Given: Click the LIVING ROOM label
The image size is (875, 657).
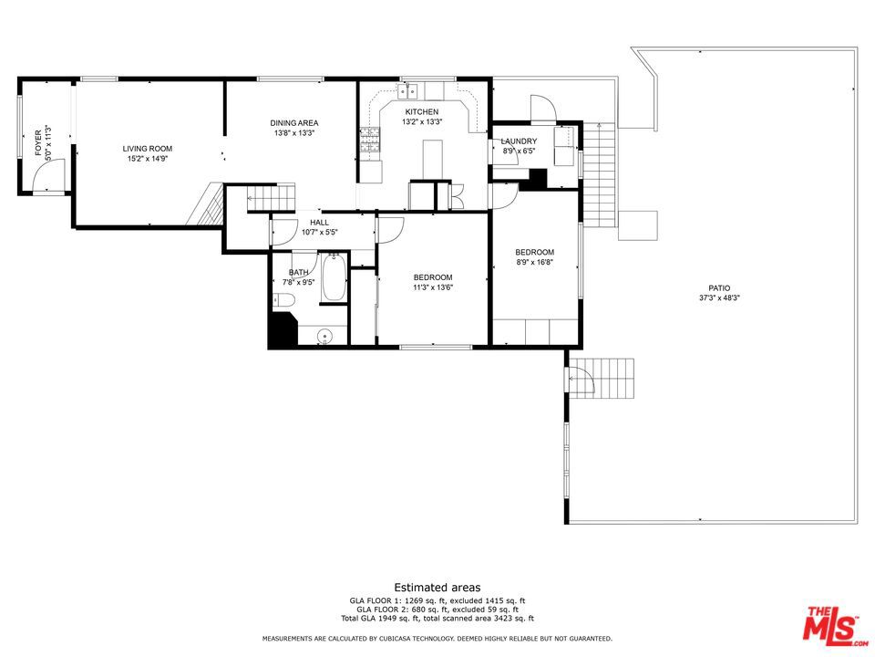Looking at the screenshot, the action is [x=148, y=149].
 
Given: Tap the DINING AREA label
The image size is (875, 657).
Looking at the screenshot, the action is [x=294, y=123].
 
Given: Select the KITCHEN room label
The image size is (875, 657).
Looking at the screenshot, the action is [x=422, y=111].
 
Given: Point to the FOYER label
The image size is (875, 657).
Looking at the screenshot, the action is [x=38, y=143].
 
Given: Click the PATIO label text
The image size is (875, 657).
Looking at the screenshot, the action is [x=719, y=288].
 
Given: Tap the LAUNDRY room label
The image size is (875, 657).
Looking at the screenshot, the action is [x=519, y=141].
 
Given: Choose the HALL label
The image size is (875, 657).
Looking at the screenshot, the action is [x=319, y=223].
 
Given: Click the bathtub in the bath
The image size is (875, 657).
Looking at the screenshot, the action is [x=335, y=277].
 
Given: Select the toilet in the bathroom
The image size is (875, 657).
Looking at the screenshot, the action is [x=284, y=301].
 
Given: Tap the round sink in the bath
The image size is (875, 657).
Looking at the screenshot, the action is [x=324, y=337].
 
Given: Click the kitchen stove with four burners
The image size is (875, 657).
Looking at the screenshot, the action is [x=370, y=140].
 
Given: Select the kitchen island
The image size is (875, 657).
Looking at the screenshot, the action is [x=432, y=159].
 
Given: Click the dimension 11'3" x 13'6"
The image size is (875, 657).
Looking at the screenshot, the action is [x=433, y=287].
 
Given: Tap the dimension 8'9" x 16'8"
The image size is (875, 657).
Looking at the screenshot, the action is [x=535, y=262].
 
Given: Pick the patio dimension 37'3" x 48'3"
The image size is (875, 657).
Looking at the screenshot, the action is [x=719, y=298].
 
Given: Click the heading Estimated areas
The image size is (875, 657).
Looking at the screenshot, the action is [x=437, y=587].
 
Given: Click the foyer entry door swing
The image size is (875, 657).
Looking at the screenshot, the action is [x=49, y=175].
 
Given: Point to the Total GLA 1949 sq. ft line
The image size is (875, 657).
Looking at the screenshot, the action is [x=437, y=619].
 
